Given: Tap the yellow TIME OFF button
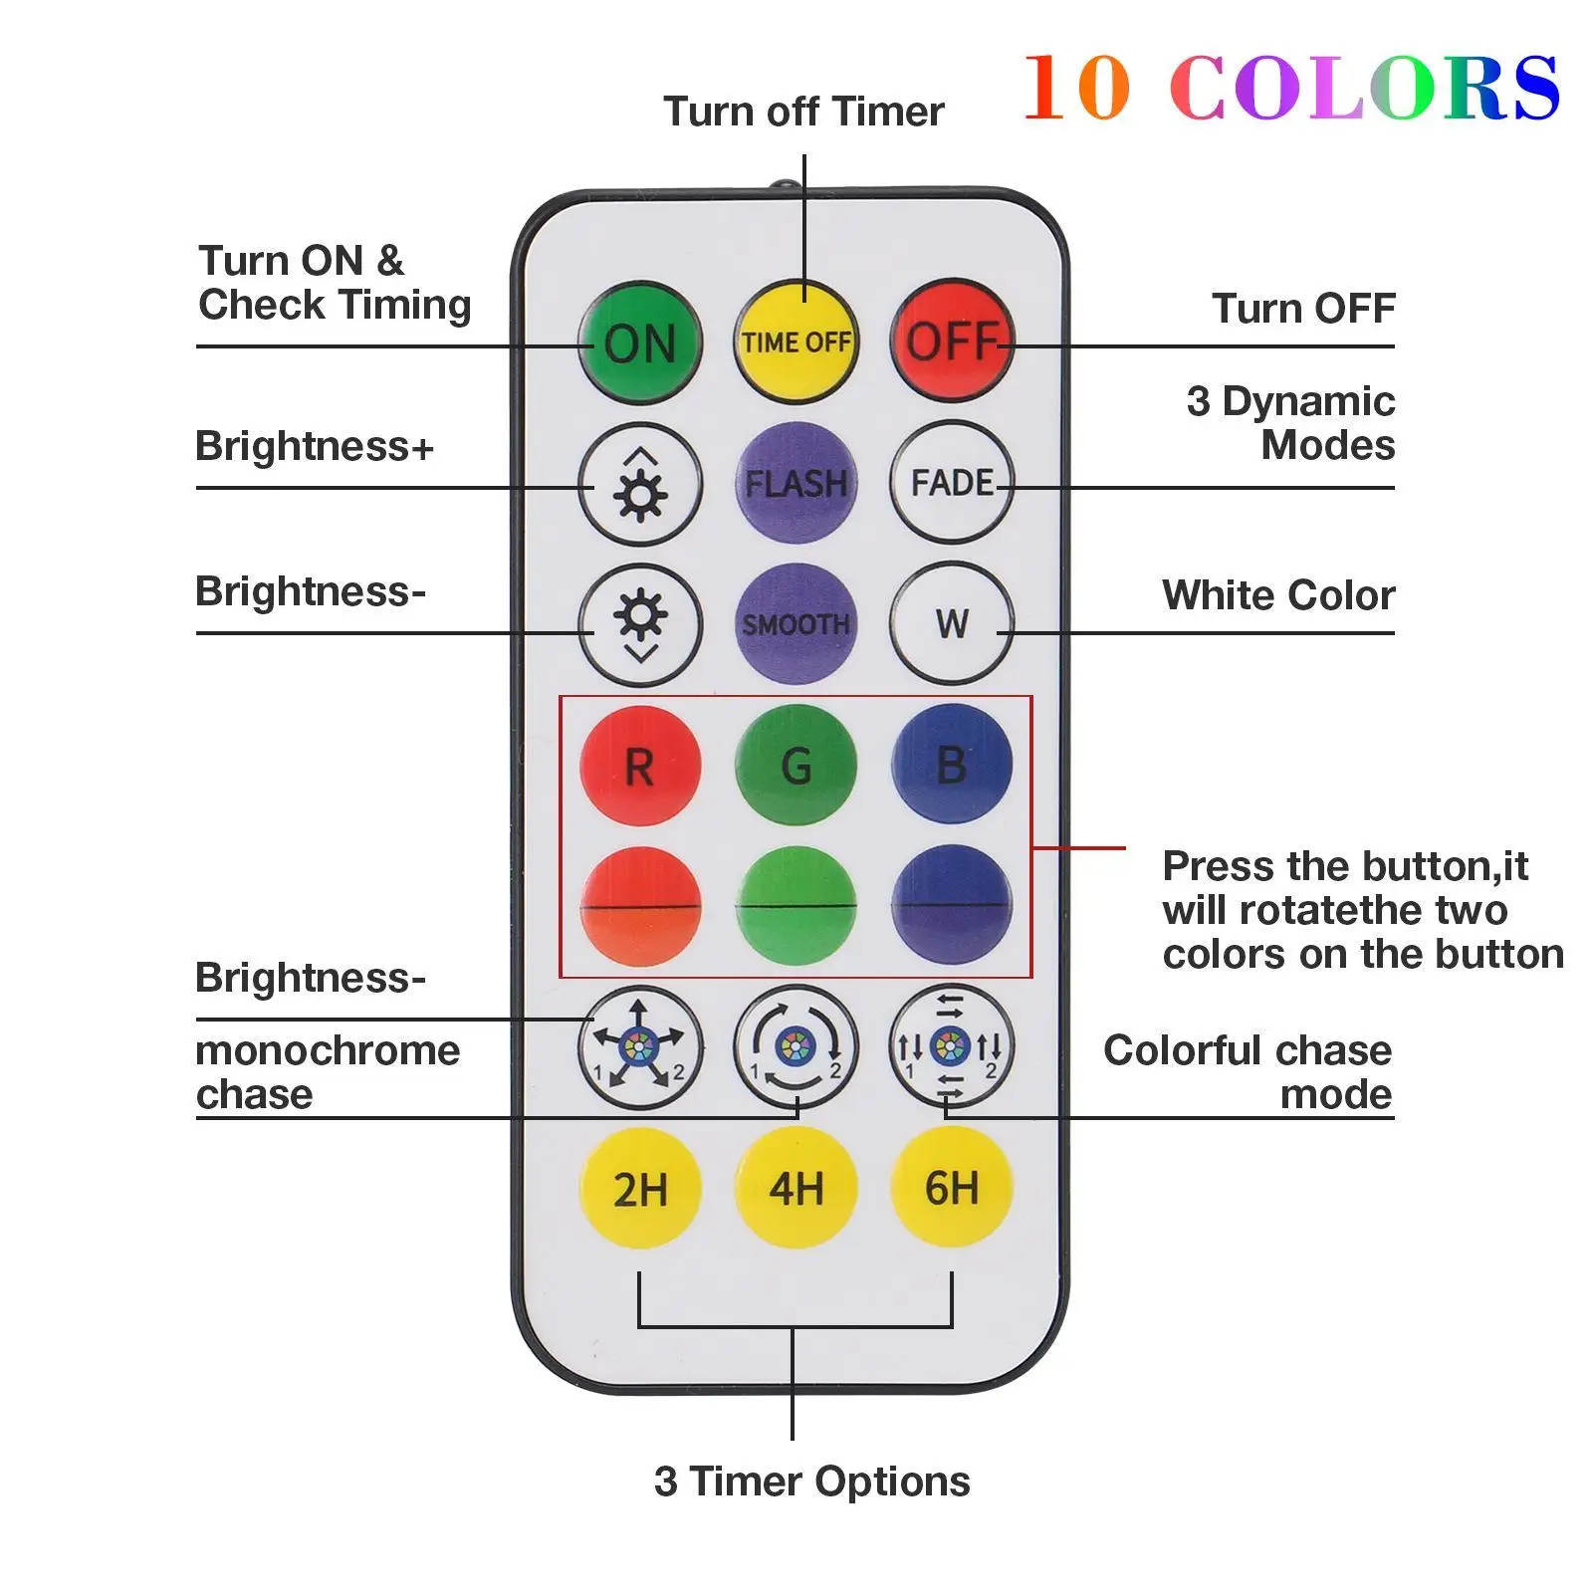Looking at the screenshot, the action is pyautogui.click(x=796, y=341).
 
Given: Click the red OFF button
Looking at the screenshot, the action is pyautogui.click(x=952, y=341).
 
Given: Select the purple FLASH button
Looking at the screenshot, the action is pyautogui.click(x=796, y=483).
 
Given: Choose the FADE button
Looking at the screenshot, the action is pyautogui.click(x=952, y=483).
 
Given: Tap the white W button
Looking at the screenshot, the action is pyautogui.click(x=952, y=624).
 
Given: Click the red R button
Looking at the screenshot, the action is pyautogui.click(x=640, y=766).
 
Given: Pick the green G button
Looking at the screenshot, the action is pyautogui.click(x=796, y=766).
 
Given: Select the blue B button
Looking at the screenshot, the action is pyautogui.click(x=952, y=766).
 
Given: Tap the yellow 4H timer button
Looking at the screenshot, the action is pyautogui.click(x=796, y=1188).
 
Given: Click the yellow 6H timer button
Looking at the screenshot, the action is pyautogui.click(x=952, y=1188).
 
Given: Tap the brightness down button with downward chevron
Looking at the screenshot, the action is pyautogui.click(x=640, y=624).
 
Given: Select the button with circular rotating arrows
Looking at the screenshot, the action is pyautogui.click(x=796, y=1046).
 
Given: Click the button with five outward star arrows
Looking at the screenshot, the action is pyautogui.click(x=640, y=1046).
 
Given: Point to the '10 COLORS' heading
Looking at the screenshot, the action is pyautogui.click(x=1290, y=88).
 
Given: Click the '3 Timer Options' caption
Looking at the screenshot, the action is pyautogui.click(x=811, y=1481).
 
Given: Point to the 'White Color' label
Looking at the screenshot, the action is pyautogui.click(x=1277, y=595).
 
